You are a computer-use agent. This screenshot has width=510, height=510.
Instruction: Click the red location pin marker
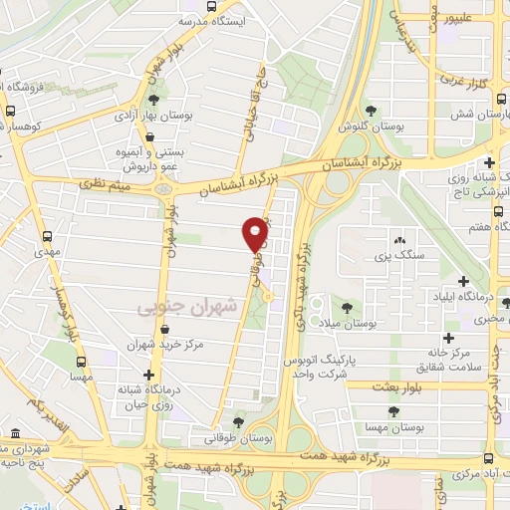point(255,233)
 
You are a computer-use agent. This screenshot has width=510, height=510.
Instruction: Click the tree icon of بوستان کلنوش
point(372,110)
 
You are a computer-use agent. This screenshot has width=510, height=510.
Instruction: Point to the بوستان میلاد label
point(351,324)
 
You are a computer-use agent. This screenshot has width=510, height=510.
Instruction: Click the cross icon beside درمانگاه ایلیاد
point(462,281)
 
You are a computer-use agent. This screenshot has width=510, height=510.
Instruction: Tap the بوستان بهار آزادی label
point(151,117)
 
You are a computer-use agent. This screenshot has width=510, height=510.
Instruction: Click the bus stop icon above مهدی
point(47,236)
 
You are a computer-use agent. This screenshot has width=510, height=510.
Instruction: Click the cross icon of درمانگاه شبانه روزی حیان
point(149,376)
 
